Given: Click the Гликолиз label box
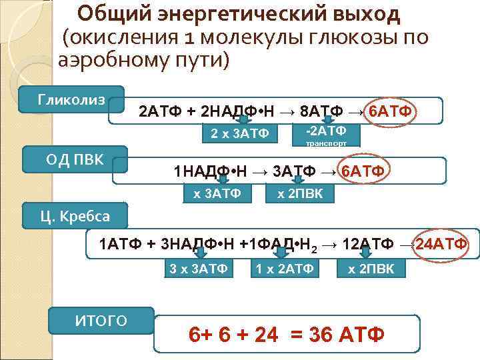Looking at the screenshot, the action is pyautogui.click(x=71, y=100).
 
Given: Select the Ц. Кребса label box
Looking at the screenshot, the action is pyautogui.click(x=75, y=216).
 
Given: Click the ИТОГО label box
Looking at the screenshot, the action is pyautogui.click(x=101, y=321).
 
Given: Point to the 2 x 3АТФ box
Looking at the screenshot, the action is pyautogui.click(x=239, y=134).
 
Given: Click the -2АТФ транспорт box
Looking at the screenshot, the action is pyautogui.click(x=325, y=133).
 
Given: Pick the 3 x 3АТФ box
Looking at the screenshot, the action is pyautogui.click(x=199, y=269).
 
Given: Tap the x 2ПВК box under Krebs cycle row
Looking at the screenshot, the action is pyautogui.click(x=371, y=269).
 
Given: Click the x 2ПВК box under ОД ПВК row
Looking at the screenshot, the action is pyautogui.click(x=300, y=193).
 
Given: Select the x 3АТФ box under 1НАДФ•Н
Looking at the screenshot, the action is pyautogui.click(x=217, y=193).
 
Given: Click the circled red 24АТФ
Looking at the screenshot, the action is pyautogui.click(x=441, y=243).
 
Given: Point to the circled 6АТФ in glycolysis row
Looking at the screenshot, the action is pyautogui.click(x=393, y=110).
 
